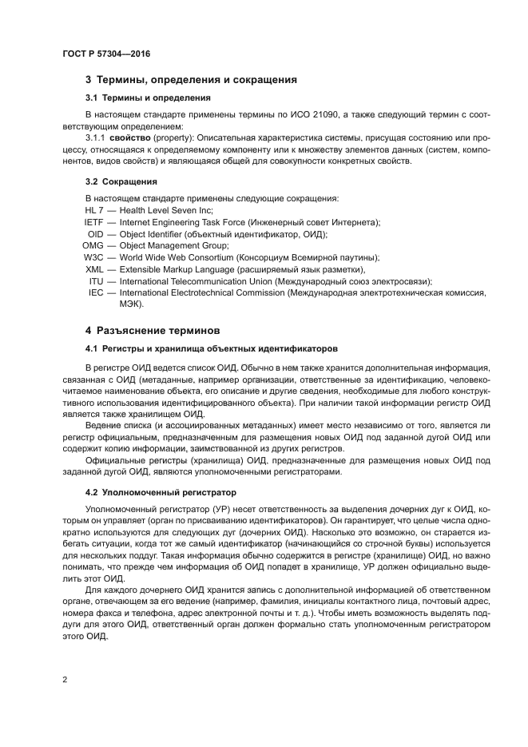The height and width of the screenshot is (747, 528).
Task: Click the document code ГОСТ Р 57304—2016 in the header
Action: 106,54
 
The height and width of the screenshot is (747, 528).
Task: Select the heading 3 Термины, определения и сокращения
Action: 191,80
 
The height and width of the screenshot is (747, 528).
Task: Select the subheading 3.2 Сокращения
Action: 121,181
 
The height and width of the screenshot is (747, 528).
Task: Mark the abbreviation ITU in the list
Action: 96,282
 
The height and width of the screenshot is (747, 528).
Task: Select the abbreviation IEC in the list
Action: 96,293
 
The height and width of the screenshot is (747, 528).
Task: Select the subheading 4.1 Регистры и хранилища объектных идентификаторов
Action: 211,348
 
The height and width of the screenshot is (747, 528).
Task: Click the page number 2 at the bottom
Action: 64,680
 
